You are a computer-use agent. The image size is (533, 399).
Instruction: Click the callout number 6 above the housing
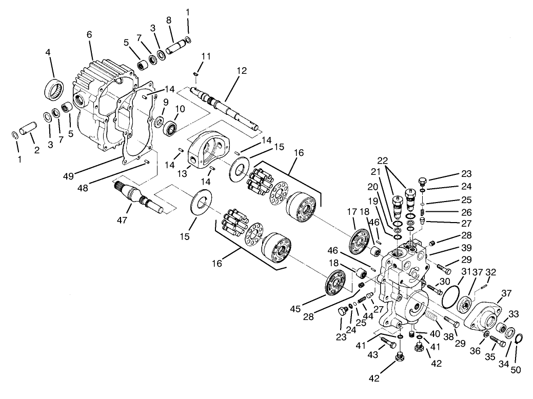[x=89, y=34]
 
